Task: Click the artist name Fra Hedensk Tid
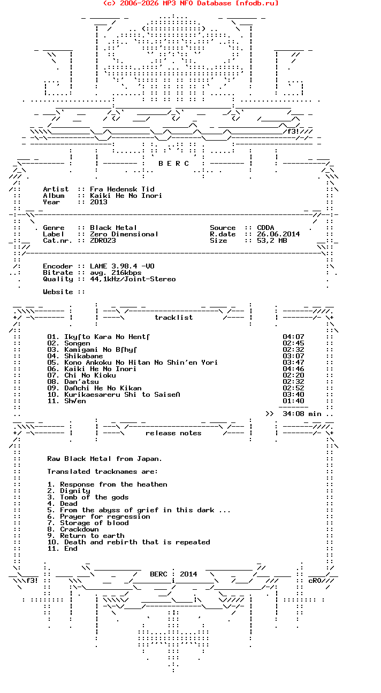click(x=122, y=189)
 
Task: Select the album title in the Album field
click(x=126, y=196)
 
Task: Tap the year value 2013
click(x=98, y=202)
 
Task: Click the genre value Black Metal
click(x=113, y=228)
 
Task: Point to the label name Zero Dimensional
click(x=124, y=234)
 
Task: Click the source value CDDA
click(x=265, y=228)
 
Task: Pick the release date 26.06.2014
click(x=278, y=234)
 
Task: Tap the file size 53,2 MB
click(x=272, y=241)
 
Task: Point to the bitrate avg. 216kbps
click(x=116, y=273)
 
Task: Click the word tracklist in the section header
click(x=173, y=318)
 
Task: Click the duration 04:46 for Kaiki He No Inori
click(x=293, y=369)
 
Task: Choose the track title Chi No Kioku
click(x=90, y=375)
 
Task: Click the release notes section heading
click(x=173, y=433)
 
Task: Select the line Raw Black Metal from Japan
click(x=104, y=459)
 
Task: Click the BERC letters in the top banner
click(x=173, y=164)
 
